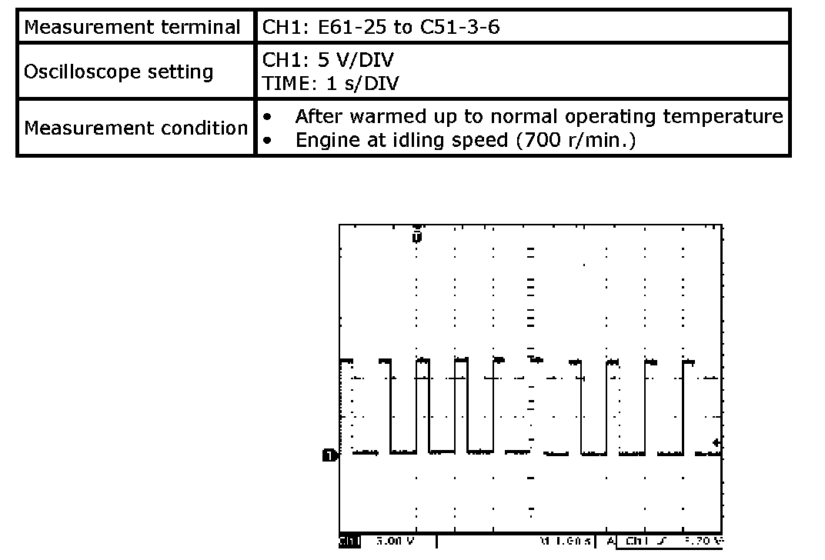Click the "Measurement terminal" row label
tap(132, 28)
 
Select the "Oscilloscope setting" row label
tap(119, 72)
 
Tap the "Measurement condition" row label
tap(135, 128)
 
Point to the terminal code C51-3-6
tap(459, 28)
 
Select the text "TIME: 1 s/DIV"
tap(331, 83)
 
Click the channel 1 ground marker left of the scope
tap(329, 455)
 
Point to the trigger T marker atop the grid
tap(416, 235)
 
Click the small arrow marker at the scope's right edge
tap(716, 443)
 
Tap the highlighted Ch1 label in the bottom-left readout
tap(349, 542)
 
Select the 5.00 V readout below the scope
tap(394, 542)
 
